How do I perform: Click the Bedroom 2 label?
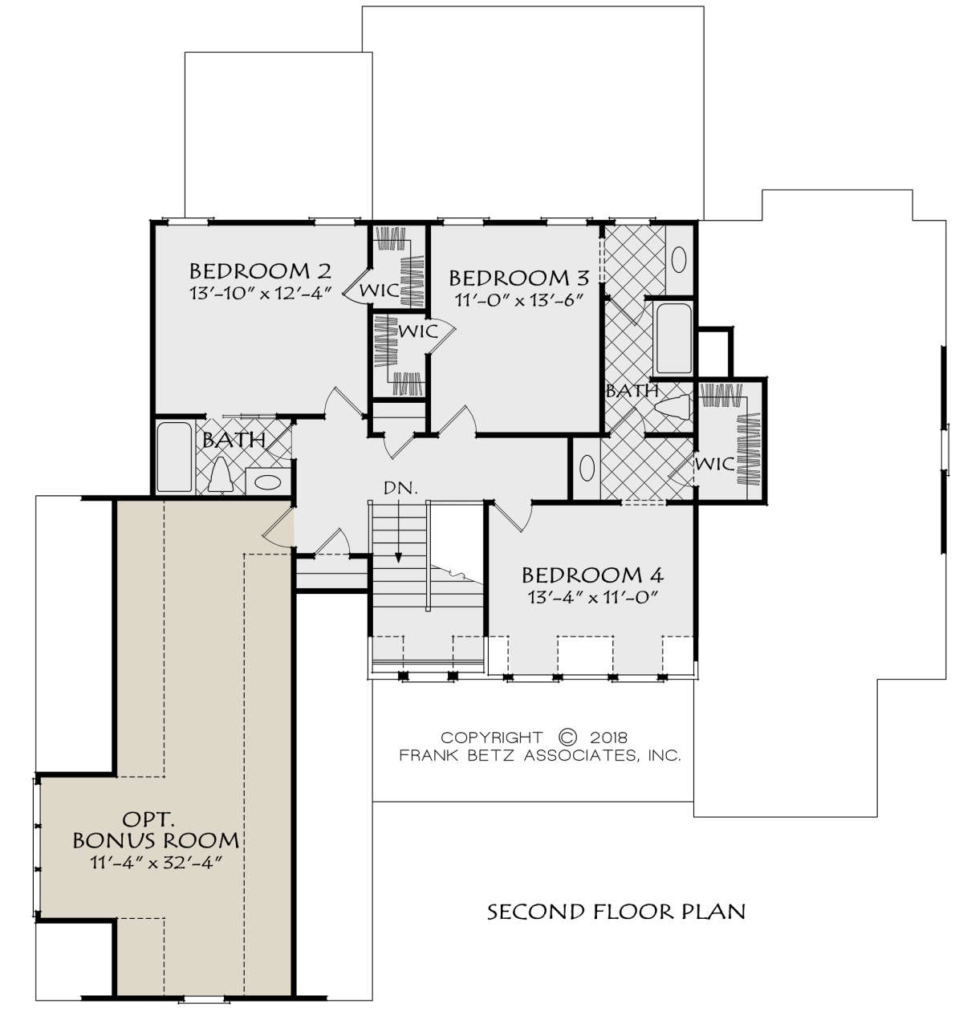(260, 270)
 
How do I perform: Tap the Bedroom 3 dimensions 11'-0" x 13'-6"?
(520, 299)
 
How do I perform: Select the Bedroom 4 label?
(593, 575)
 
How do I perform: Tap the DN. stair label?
(400, 488)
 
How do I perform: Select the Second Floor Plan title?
(616, 912)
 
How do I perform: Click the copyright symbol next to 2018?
(567, 737)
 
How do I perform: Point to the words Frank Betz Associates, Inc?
(540, 755)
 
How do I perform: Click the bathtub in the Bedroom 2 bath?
(174, 457)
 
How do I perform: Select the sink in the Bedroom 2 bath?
(267, 482)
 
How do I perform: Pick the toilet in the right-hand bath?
(675, 408)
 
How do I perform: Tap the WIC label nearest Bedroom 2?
(379, 290)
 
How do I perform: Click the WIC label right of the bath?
(714, 464)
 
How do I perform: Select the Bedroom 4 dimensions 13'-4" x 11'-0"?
(593, 597)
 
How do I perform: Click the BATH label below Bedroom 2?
(234, 440)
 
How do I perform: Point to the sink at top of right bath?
(679, 259)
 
